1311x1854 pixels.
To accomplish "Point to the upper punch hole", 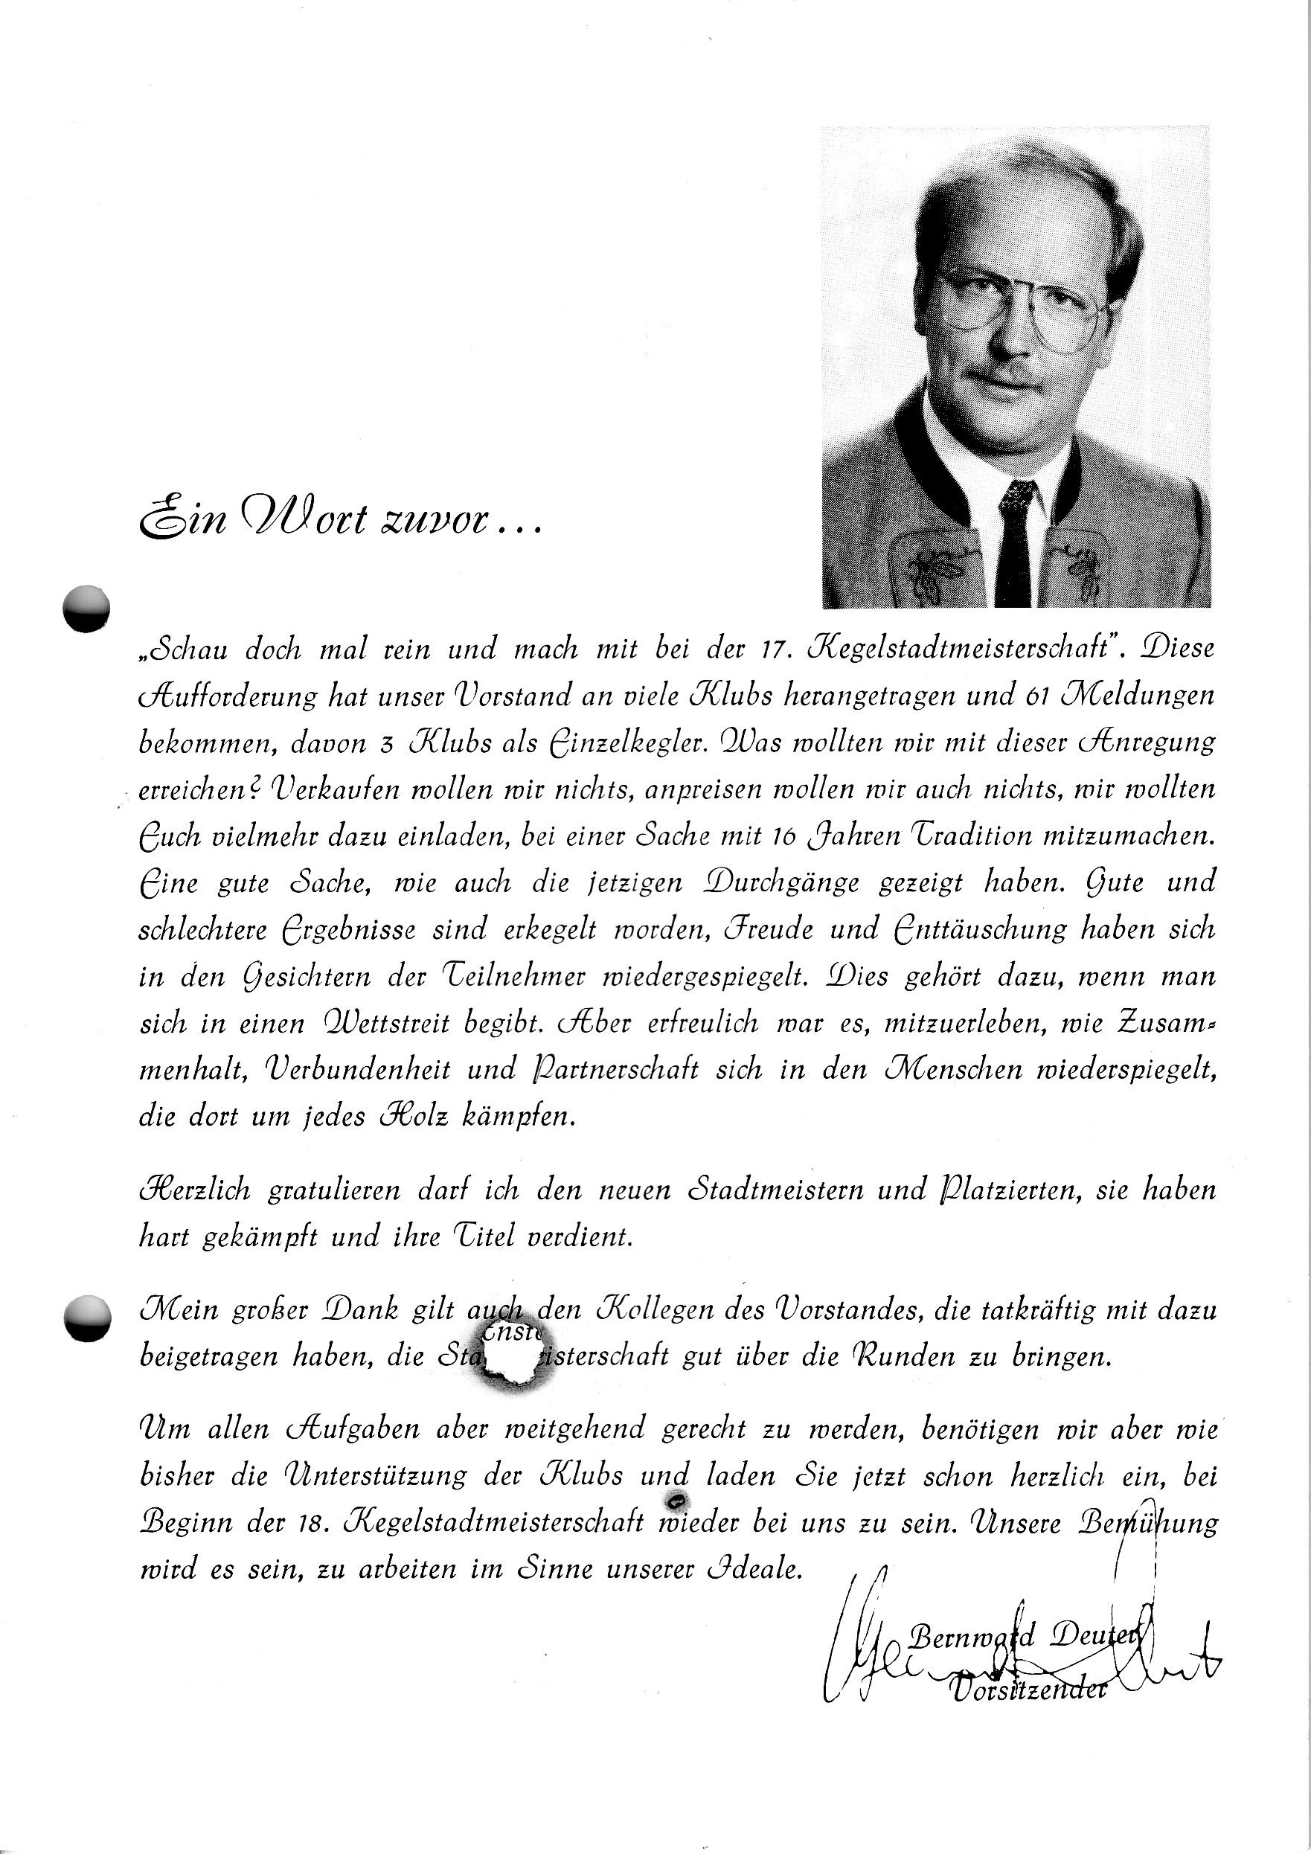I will (86, 607).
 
